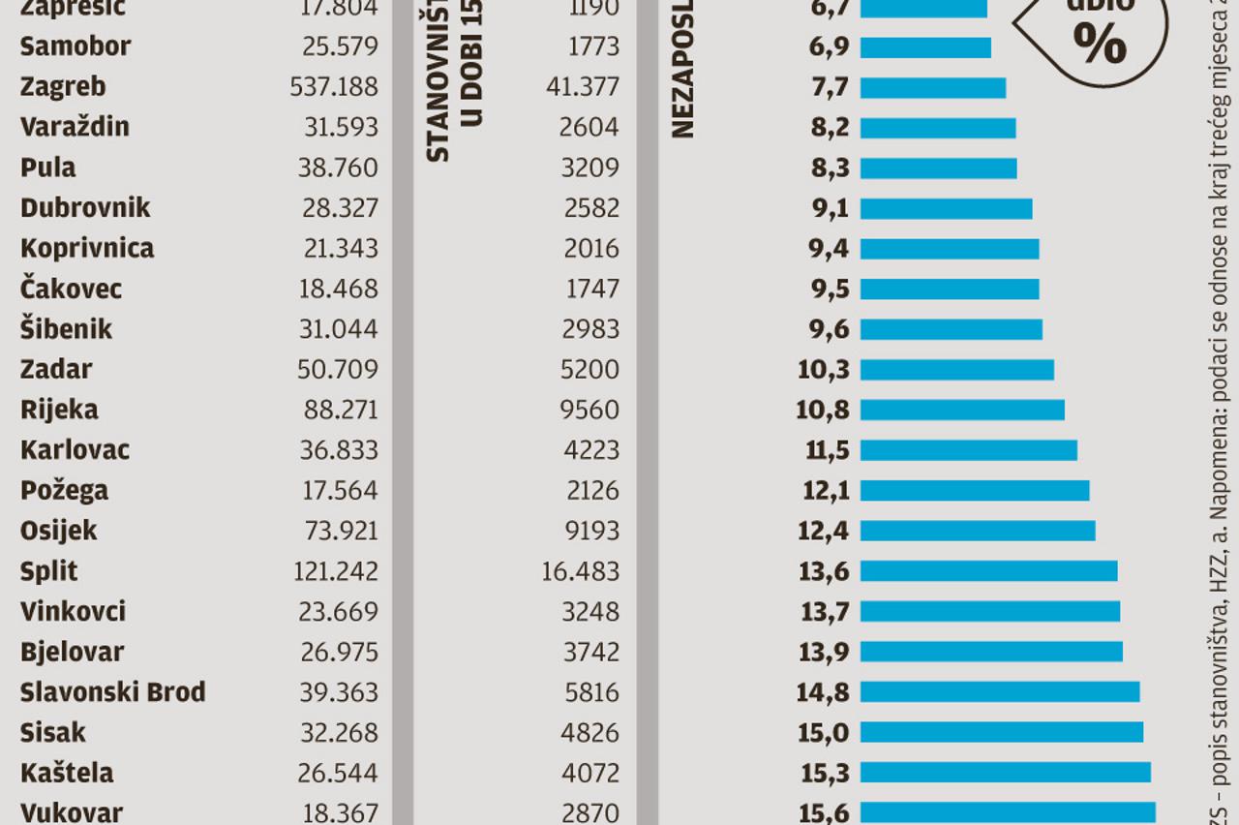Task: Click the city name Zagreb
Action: pyautogui.click(x=63, y=87)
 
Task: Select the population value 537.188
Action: pyautogui.click(x=334, y=87)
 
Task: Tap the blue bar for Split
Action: pyautogui.click(x=988, y=571)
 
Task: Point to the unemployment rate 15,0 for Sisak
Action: pyautogui.click(x=824, y=732)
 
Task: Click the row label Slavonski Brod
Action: pyautogui.click(x=112, y=692)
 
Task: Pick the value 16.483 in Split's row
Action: pyautogui.click(x=580, y=571)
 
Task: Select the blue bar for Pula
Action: pyautogui.click(x=938, y=168)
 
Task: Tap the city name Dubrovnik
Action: pyautogui.click(x=85, y=208)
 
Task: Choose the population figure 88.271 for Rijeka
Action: pyautogui.click(x=341, y=410)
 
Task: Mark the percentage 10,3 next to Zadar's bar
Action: pyautogui.click(x=824, y=369)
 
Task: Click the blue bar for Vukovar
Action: pyautogui.click(x=1008, y=811)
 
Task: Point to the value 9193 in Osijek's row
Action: pyautogui.click(x=590, y=531)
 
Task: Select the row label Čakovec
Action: pyautogui.click(x=71, y=289)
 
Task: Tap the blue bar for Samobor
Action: pyautogui.click(x=925, y=46)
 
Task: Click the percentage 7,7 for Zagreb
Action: pyautogui.click(x=830, y=87)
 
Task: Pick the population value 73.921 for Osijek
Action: pyautogui.click(x=341, y=531)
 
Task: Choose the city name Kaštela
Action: pyautogui.click(x=67, y=773)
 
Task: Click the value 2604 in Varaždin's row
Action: pyautogui.click(x=590, y=127)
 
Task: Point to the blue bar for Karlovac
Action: pyautogui.click(x=968, y=450)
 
